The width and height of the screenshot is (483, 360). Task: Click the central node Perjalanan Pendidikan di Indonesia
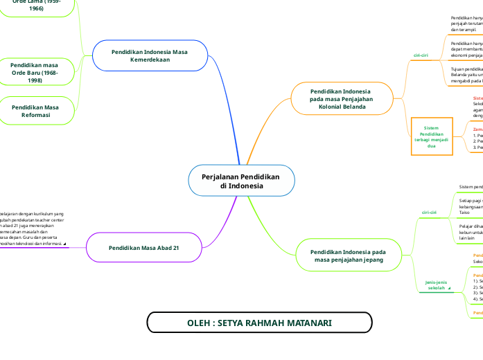(x=241, y=181)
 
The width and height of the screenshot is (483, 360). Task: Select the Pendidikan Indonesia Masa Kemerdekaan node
(x=150, y=56)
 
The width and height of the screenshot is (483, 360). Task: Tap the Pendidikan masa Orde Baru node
(x=35, y=73)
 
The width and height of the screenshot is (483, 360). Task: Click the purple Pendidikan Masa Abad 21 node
(x=144, y=247)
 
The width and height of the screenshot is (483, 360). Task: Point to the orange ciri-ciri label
(x=421, y=55)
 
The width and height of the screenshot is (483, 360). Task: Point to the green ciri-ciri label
(x=429, y=213)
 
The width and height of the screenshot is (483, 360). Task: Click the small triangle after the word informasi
(x=64, y=244)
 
